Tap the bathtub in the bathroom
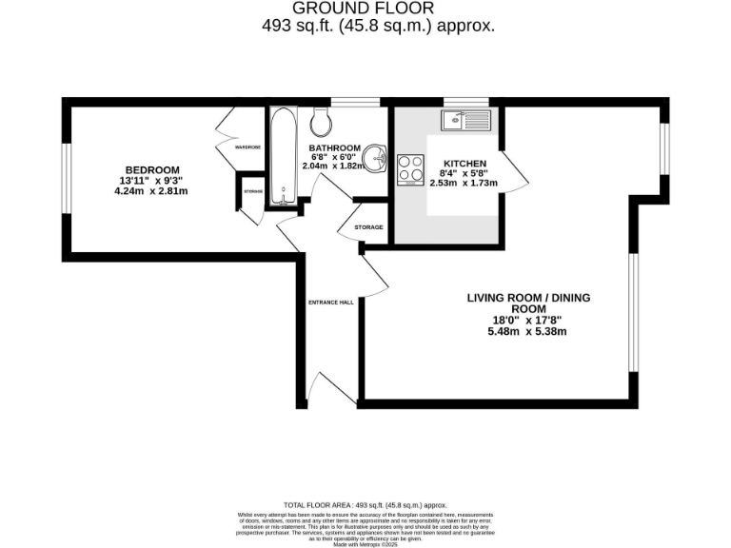[282, 157]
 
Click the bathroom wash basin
[377, 158]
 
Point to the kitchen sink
[464, 120]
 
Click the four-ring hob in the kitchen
[411, 168]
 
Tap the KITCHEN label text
[464, 164]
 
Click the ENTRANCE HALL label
[330, 302]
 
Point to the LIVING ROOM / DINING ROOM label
[528, 303]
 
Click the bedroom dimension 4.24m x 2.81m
[150, 190]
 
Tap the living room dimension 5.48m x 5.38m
[528, 332]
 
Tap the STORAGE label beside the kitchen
[368, 227]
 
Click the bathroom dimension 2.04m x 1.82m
[332, 166]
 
